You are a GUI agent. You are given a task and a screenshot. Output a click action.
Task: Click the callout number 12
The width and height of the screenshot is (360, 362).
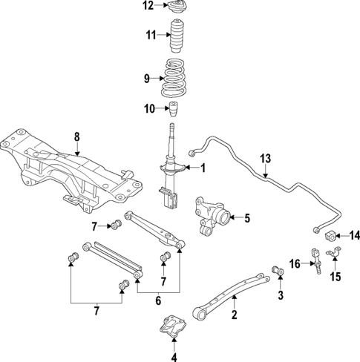[148, 6]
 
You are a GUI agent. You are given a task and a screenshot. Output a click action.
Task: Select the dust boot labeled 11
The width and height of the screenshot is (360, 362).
[178, 36]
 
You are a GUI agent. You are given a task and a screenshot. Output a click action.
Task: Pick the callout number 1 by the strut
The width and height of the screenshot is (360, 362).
[203, 168]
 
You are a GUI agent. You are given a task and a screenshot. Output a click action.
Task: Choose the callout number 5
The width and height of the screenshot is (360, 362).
[247, 218]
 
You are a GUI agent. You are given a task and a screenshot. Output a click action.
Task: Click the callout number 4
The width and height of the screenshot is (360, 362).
[174, 355]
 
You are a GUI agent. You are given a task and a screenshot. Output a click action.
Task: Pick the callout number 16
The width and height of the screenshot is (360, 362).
[295, 263]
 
